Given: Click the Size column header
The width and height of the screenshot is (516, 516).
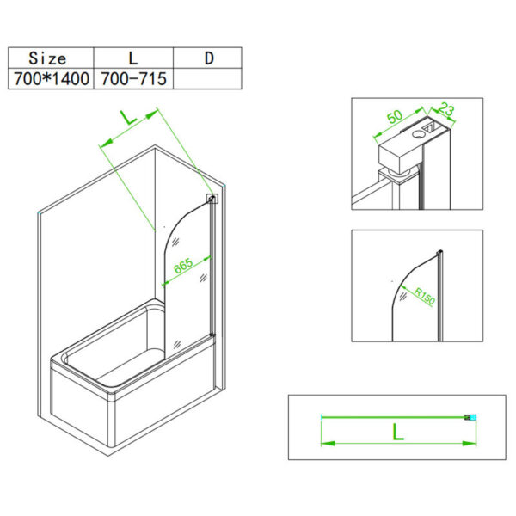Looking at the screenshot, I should (x=48, y=58).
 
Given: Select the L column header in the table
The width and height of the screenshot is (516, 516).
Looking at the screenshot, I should (x=133, y=58).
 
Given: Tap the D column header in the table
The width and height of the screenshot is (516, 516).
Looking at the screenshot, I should (x=208, y=58).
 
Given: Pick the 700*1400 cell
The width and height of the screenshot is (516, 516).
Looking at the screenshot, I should (x=48, y=79).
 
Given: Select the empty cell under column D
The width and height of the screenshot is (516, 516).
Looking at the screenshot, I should (x=208, y=79).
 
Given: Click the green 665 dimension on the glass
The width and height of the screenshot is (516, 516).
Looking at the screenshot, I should (x=183, y=266).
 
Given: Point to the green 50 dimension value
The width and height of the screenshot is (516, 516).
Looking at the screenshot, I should (x=395, y=116).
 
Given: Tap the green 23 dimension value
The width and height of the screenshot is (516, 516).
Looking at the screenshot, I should (x=445, y=109).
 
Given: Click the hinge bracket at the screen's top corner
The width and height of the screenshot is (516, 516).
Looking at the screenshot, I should (x=212, y=200).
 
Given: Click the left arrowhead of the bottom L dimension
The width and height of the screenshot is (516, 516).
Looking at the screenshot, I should (x=327, y=444).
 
